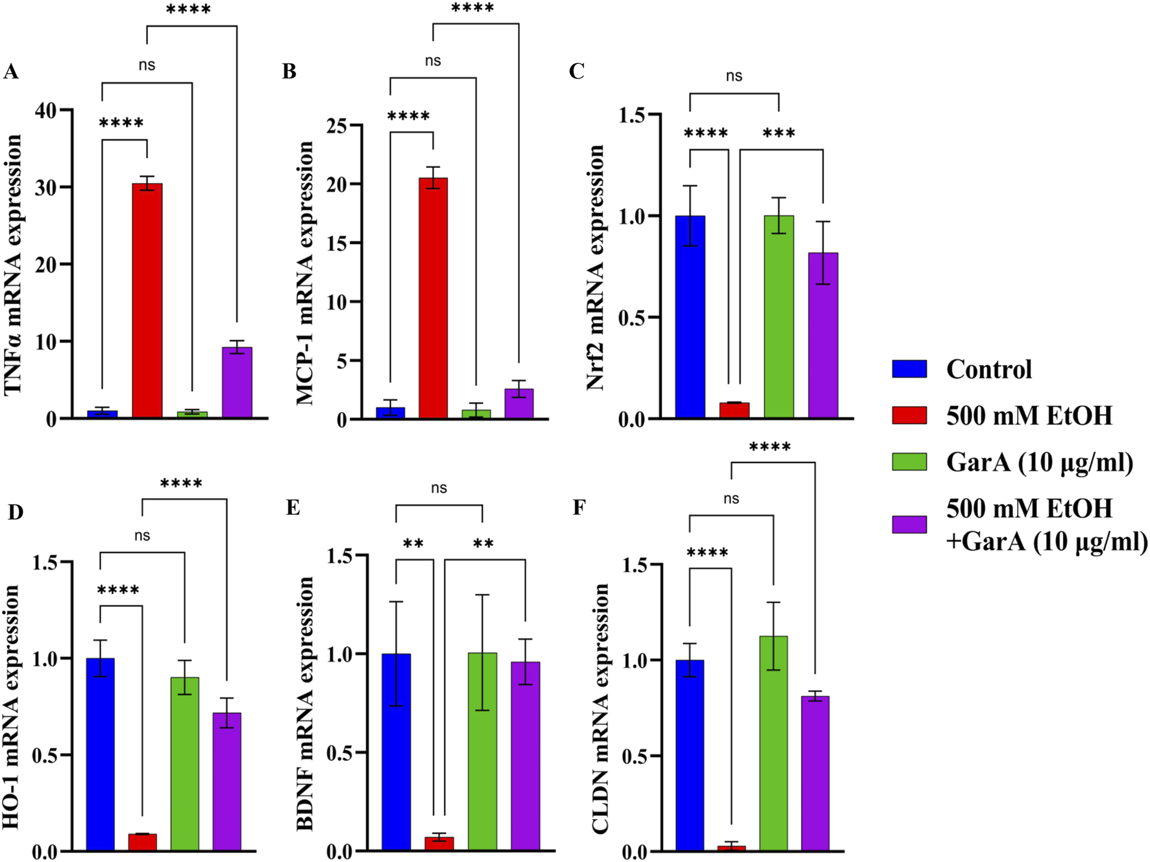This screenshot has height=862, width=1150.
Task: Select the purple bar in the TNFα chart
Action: point(237,383)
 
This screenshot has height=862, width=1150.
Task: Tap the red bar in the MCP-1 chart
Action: point(433,298)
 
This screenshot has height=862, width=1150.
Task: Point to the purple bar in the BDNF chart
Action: point(525,756)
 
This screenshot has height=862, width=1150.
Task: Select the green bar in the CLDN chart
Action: point(774,743)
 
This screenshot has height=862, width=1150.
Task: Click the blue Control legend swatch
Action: point(909,369)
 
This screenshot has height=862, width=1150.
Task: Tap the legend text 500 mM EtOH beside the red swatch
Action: point(1029,416)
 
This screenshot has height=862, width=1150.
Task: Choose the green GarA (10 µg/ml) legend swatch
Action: point(909,462)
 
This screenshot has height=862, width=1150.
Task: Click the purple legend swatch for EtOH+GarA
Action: point(909,525)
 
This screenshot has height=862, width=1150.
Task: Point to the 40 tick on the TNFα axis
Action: point(46,110)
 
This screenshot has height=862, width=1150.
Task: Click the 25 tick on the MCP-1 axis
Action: point(336,125)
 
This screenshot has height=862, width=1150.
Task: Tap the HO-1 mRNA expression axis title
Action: point(12,707)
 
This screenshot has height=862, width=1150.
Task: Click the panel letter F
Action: point(579,507)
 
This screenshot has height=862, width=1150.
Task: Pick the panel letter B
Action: point(289,71)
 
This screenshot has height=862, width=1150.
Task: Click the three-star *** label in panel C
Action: point(779,134)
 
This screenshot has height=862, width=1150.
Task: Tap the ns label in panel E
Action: point(439,488)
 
